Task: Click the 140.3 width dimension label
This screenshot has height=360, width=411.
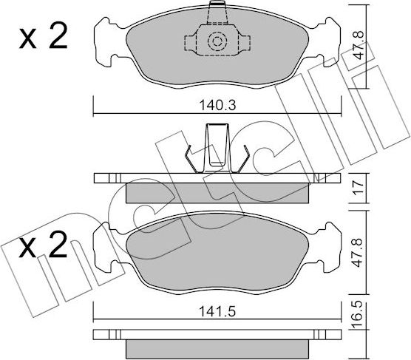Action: coord(218,106)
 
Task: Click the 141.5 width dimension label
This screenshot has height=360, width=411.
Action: coord(217,311)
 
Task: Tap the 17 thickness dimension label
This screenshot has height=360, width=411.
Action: coord(359,187)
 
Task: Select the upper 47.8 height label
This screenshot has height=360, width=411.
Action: coord(358,45)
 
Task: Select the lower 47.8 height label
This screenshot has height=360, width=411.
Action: coord(358,253)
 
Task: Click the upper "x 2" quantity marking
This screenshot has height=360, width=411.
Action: coord(44,36)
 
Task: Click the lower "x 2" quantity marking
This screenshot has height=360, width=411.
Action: coord(44,244)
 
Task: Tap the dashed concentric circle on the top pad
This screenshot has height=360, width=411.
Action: coord(217,41)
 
